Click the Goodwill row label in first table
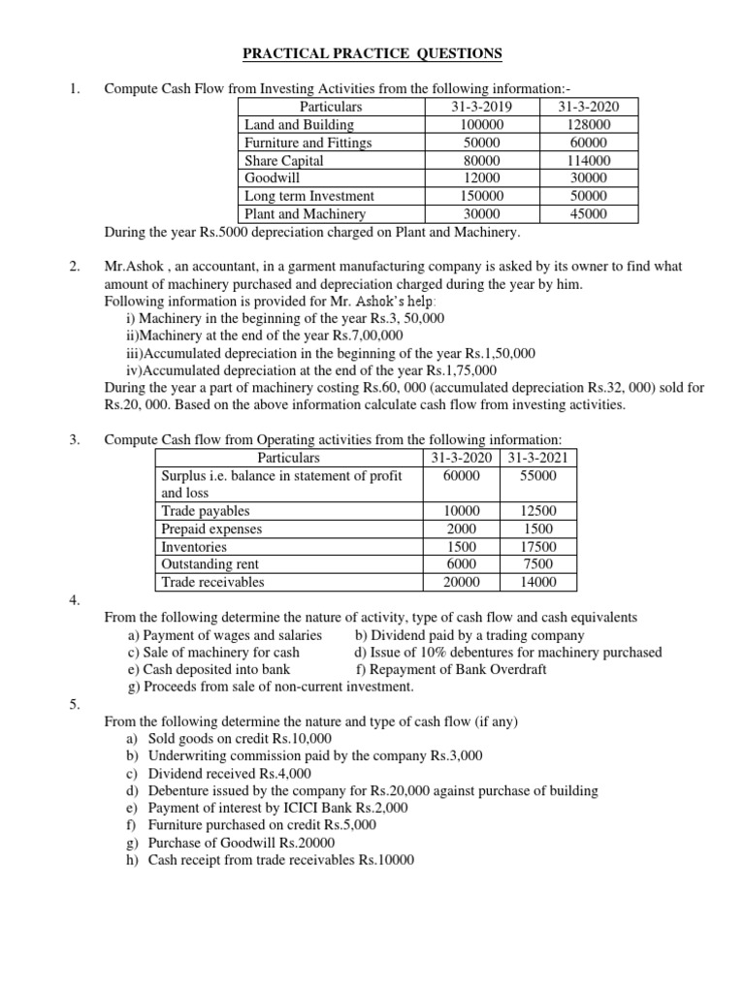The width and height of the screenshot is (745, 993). point(273,178)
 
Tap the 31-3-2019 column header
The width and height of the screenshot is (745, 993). point(482,107)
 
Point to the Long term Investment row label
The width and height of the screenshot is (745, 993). point(309,196)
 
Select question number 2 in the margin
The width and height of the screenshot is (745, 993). point(76,266)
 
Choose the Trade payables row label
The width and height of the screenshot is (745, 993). point(206,511)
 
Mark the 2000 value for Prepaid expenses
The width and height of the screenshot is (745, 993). point(461,529)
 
